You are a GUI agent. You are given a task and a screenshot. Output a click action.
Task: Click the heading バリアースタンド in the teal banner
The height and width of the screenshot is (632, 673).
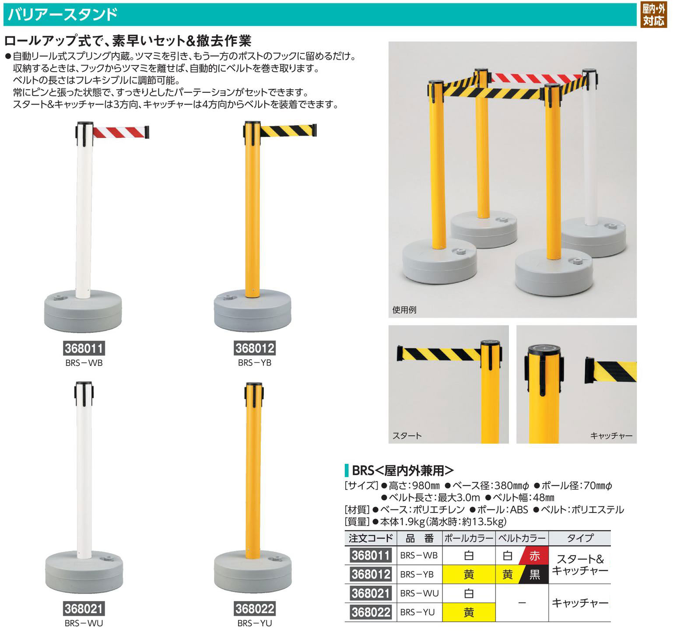click(63, 14)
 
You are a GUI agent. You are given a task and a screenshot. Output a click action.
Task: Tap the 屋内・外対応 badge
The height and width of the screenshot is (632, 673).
click(654, 15)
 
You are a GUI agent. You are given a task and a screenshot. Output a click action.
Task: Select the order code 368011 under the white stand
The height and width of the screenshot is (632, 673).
click(84, 348)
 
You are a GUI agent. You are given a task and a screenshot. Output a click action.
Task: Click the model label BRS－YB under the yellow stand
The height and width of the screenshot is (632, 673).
click(255, 363)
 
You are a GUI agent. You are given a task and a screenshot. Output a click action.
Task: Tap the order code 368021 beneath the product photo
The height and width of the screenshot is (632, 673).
click(84, 609)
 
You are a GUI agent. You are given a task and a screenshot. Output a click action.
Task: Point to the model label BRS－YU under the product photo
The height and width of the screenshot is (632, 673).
click(255, 623)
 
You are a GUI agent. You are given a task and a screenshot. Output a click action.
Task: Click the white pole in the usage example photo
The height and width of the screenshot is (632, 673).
click(590, 153)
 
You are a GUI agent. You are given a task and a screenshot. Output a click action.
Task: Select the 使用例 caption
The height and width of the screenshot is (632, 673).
click(404, 310)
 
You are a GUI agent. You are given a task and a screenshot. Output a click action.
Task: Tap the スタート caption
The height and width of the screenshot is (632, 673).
click(407, 435)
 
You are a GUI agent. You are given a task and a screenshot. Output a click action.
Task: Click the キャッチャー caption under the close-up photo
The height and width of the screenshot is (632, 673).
click(611, 435)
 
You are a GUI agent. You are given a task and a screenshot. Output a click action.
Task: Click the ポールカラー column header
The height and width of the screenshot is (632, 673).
click(469, 538)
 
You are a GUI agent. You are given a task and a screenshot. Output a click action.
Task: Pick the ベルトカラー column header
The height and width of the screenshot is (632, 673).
click(522, 538)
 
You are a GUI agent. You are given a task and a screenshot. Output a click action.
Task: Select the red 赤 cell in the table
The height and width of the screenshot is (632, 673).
click(534, 556)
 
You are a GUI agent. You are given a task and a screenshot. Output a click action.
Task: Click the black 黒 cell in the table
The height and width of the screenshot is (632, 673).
click(534, 574)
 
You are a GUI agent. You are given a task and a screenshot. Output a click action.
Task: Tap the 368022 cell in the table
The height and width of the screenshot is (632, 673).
click(371, 612)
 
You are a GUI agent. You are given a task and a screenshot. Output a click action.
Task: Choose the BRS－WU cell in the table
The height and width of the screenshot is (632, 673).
click(419, 593)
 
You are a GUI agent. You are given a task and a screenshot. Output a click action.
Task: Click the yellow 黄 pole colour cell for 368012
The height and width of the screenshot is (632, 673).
click(469, 574)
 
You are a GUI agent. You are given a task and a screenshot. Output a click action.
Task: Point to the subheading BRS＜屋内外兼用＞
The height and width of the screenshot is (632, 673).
click(403, 470)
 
